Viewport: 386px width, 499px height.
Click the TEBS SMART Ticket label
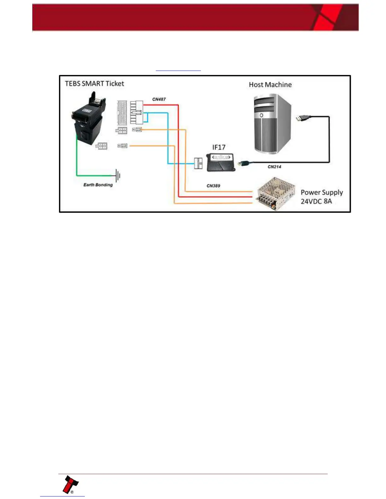coord(94,83)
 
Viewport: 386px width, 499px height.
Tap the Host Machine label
coord(270,84)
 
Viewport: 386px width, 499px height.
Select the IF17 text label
coord(219,147)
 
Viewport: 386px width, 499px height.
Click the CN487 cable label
coord(159,99)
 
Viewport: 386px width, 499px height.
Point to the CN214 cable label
coord(274,167)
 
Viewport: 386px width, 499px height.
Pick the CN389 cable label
coord(213,186)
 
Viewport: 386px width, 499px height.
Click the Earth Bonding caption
coord(98,185)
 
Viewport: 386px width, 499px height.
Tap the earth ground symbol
coord(118,175)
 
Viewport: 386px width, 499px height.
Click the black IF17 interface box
coord(221,162)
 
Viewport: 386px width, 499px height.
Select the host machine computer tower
coord(272,124)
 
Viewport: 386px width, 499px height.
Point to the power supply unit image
coord(276,193)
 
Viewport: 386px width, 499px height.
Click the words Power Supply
coord(322,192)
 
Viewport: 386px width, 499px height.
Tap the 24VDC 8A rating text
coord(316,201)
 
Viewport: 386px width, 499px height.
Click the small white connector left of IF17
coord(198,163)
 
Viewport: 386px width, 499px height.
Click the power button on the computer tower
coord(261,116)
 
